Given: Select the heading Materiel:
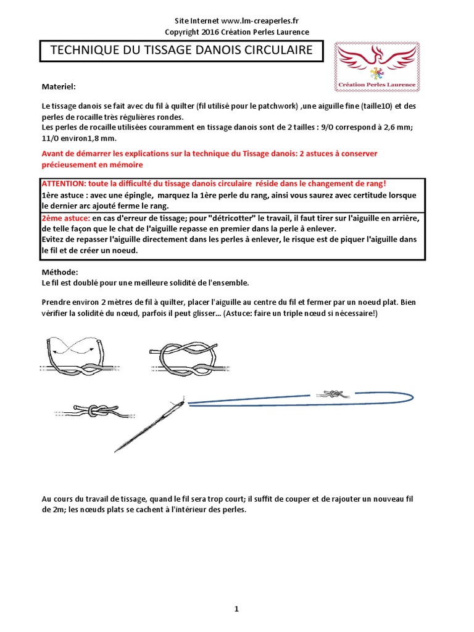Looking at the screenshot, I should click(x=59, y=87).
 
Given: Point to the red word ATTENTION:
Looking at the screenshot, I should click(x=63, y=184).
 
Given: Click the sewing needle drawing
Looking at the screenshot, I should click(x=151, y=424).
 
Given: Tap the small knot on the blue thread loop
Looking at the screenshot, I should click(x=334, y=393).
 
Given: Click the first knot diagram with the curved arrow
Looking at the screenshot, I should click(x=74, y=353).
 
